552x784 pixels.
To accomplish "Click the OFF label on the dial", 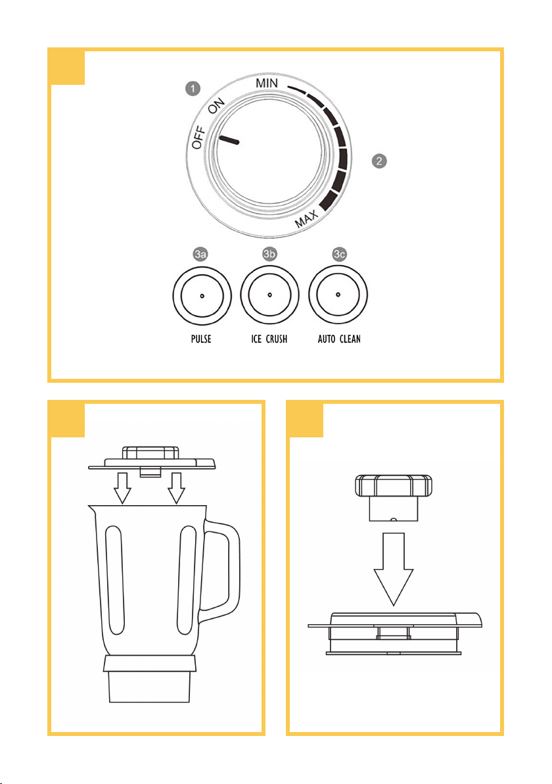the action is point(199,137).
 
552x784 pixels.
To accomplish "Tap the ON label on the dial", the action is point(216,107).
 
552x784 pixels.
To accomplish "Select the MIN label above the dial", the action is point(267,83).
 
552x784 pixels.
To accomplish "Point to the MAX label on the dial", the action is point(306,219).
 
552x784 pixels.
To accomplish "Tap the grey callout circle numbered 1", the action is point(193,89).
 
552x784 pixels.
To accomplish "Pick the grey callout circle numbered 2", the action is point(379,161).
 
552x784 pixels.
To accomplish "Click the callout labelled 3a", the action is point(201,254).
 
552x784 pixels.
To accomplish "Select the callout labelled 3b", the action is point(269,254).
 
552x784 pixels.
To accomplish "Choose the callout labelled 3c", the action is point(339,254).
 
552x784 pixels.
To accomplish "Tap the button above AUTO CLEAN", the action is point(338,295).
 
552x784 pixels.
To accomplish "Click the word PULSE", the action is point(201,339).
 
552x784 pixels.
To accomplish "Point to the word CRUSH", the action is point(277,339).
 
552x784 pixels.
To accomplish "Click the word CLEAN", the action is point(350,339).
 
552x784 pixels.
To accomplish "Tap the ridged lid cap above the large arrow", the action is point(394,498).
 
